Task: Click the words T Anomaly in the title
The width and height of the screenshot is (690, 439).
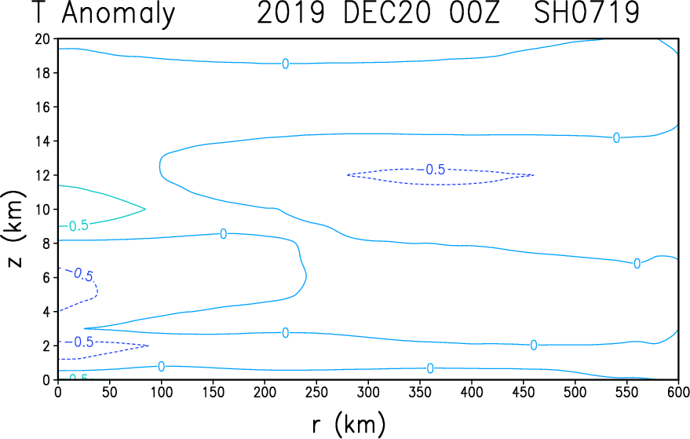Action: point(104,13)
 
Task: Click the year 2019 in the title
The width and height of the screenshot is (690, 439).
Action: point(291,13)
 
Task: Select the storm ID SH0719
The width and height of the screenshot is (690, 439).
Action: point(586,13)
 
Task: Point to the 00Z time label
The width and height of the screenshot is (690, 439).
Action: point(474,13)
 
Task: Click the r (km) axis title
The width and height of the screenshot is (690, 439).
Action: point(349,424)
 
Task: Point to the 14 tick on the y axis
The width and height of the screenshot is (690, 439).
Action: point(43,141)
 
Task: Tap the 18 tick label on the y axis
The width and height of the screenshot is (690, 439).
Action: point(43,73)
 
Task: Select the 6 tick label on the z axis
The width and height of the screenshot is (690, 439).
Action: point(47,277)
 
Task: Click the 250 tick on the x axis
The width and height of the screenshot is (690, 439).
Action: point(316,392)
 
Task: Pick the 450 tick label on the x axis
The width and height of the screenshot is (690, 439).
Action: point(524,392)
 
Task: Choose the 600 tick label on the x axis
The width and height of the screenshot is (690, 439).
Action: point(677,392)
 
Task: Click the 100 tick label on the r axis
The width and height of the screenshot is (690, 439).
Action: point(162,392)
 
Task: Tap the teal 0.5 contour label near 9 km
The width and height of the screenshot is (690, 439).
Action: point(79,226)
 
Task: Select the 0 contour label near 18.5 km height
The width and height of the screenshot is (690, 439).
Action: point(286,64)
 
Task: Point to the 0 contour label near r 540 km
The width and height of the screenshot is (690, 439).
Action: point(616,137)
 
